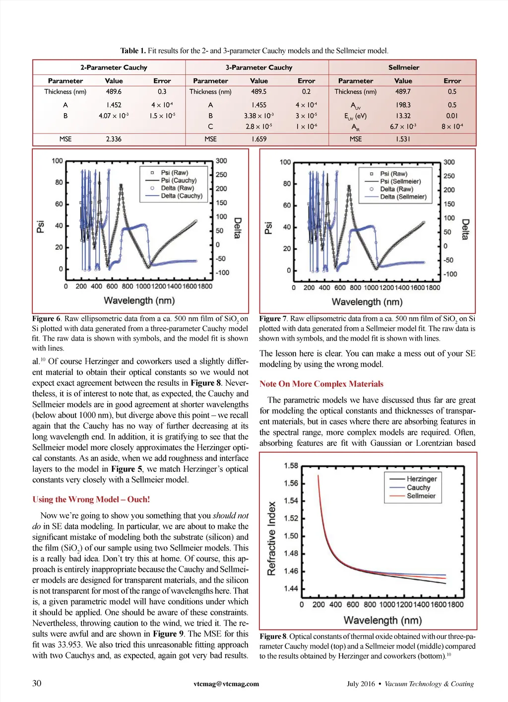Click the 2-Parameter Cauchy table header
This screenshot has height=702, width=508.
(114, 68)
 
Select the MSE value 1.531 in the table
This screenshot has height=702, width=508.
(403, 139)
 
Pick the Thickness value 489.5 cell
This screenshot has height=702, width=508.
(258, 92)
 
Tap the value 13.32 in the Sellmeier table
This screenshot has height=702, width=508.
(403, 116)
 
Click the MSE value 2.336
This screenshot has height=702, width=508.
(114, 139)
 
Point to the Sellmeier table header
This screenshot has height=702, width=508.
(403, 68)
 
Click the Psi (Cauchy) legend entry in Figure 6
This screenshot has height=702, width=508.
(178, 181)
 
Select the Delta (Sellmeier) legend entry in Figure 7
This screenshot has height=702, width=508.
(403, 197)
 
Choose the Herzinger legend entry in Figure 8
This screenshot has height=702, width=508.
(421, 479)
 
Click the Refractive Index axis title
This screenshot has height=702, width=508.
(271, 538)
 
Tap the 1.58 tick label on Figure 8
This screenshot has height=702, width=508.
(291, 466)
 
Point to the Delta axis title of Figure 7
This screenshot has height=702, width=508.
(465, 229)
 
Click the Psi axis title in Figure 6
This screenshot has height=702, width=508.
(41, 226)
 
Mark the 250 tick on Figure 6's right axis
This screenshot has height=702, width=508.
(221, 175)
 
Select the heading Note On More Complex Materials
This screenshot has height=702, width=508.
(321, 384)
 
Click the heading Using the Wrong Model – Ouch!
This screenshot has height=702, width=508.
(91, 499)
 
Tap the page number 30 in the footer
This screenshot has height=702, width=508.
(37, 683)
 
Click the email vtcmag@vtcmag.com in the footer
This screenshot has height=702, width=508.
(226, 684)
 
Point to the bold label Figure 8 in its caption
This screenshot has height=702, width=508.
(273, 636)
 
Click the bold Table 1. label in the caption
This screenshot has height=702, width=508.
(133, 51)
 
